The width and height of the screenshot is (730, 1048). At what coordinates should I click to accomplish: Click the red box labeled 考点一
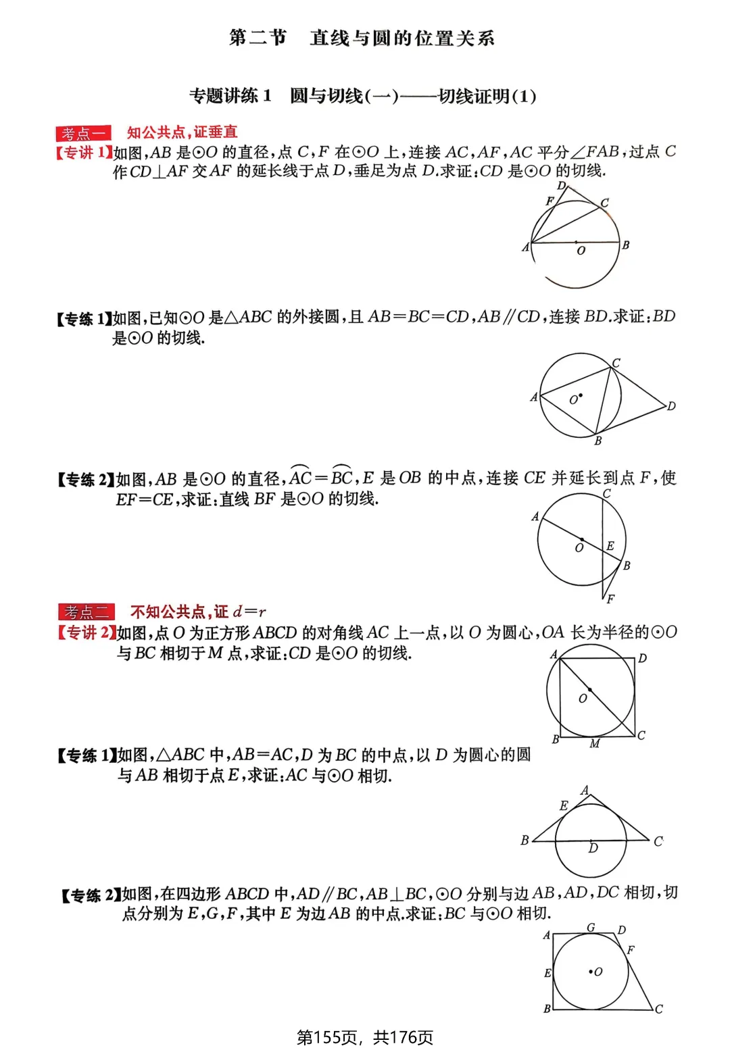[83, 133]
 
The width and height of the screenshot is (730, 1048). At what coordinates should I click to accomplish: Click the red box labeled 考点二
[86, 612]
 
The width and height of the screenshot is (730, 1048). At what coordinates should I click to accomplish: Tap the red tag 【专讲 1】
[83, 153]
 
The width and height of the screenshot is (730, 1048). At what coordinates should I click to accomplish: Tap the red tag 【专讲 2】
[86, 633]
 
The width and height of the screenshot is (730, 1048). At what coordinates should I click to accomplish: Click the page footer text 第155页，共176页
[365, 1037]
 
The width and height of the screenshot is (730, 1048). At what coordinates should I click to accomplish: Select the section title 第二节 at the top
[258, 38]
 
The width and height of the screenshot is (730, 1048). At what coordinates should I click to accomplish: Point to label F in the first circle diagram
[549, 201]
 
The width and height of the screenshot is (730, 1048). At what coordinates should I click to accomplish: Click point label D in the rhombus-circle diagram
[671, 406]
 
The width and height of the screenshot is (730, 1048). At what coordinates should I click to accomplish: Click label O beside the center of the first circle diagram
[581, 251]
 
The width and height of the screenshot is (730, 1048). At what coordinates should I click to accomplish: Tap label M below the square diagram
[595, 744]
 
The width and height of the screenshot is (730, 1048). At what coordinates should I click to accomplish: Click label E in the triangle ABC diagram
[564, 805]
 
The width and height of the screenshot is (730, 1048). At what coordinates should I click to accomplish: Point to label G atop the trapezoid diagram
[591, 928]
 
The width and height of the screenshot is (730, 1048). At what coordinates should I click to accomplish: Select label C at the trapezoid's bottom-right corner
[659, 1009]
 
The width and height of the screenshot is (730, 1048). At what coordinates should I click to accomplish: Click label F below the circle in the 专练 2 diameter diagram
[610, 599]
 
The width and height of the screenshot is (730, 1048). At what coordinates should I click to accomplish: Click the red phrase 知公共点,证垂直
[182, 132]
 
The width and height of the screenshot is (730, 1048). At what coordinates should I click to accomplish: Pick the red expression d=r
[249, 612]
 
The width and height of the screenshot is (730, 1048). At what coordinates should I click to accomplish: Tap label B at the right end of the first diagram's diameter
[626, 245]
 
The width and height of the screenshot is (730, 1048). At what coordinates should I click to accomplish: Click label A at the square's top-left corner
[554, 654]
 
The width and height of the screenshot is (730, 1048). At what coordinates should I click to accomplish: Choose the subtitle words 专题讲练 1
[230, 96]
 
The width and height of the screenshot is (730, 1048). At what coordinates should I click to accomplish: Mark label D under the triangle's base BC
[593, 848]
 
